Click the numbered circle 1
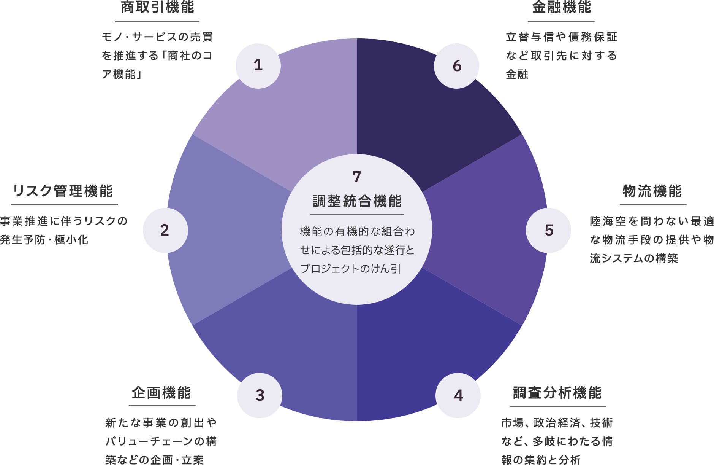click(258, 66)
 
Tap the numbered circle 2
click(165, 230)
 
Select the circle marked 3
click(260, 395)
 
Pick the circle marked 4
click(458, 395)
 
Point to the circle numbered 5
click(548, 230)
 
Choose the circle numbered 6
click(456, 66)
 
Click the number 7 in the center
click(356, 177)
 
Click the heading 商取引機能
click(157, 7)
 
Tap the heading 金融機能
click(561, 7)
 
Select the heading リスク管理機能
click(63, 191)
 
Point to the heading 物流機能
click(652, 191)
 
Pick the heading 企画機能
click(161, 393)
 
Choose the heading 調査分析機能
click(557, 393)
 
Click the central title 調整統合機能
click(357, 201)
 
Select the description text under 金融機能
click(561, 56)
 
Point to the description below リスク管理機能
click(63, 230)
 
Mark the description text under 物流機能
click(652, 240)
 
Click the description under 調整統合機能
click(357, 250)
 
